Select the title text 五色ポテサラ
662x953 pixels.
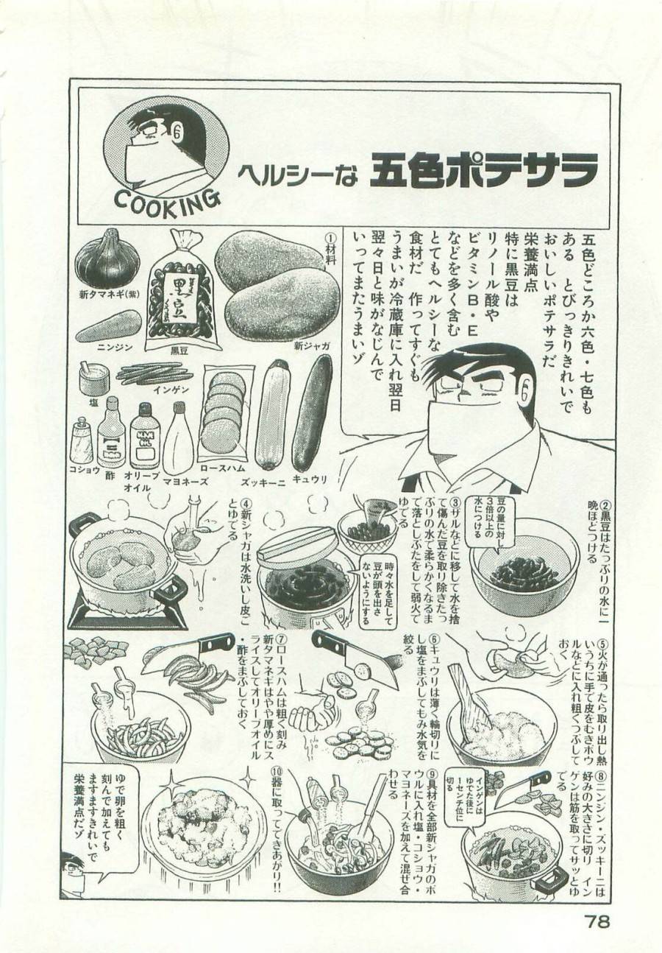483,170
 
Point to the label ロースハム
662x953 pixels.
224,468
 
